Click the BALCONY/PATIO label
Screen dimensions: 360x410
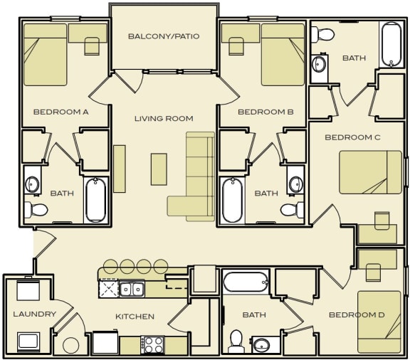pos(164,36)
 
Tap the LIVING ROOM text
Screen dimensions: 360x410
pos(164,118)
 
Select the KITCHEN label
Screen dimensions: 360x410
pos(135,317)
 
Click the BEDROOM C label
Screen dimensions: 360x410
pos(354,137)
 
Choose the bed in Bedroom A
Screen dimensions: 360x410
pos(46,55)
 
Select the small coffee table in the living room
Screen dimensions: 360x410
pos(159,169)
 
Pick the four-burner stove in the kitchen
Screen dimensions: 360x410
pos(153,344)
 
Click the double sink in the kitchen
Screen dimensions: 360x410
pos(131,289)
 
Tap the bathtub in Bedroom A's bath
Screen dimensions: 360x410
pos(95,200)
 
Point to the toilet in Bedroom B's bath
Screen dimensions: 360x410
pos(290,209)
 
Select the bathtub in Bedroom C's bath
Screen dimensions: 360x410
pos(392,44)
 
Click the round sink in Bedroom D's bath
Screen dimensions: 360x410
pos(263,346)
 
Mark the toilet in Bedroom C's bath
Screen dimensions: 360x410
pos(324,33)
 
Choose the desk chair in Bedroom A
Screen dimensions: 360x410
pos(92,46)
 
